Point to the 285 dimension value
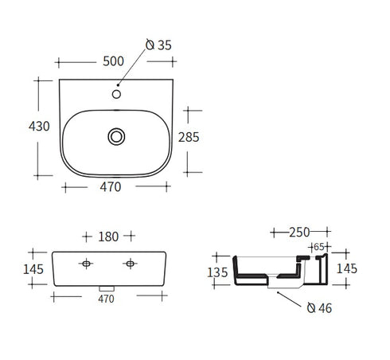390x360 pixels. click(x=188, y=137)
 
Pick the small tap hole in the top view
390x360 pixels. click(x=117, y=94)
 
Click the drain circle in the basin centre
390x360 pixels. click(x=116, y=137)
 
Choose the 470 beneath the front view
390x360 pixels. click(x=107, y=299)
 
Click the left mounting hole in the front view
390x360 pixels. click(x=86, y=263)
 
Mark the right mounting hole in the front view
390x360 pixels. click(x=129, y=263)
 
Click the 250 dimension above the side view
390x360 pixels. click(x=299, y=233)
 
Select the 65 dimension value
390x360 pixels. click(x=318, y=248)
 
